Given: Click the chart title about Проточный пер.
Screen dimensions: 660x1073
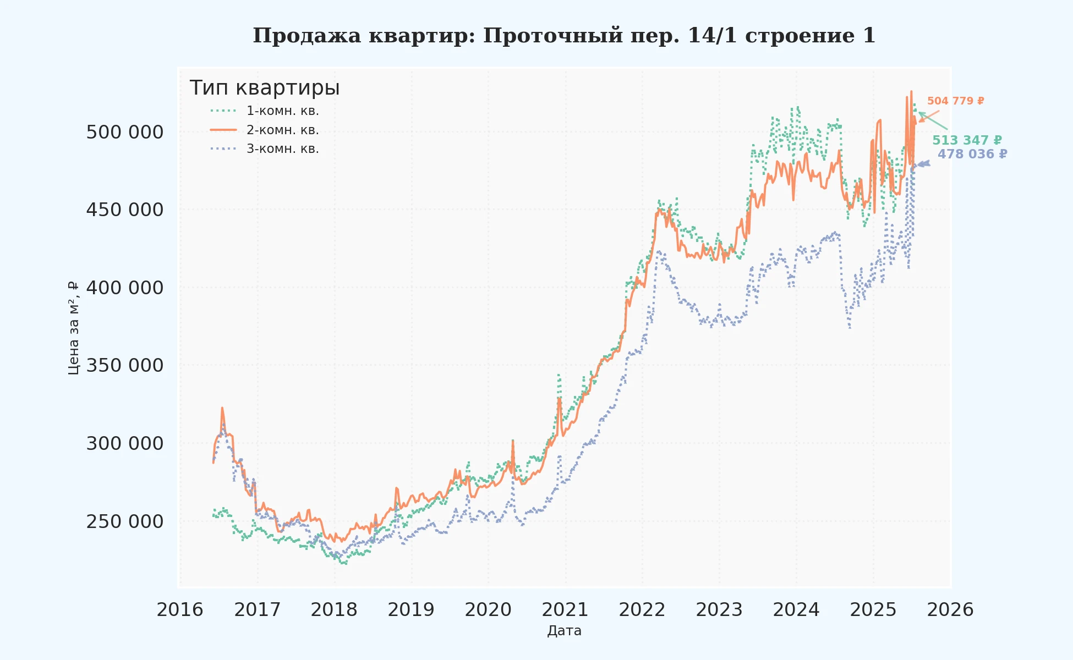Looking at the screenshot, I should (564, 36).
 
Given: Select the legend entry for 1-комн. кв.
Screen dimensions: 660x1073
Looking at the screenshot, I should (282, 111).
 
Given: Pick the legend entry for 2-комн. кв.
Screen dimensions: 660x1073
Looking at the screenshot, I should (282, 130).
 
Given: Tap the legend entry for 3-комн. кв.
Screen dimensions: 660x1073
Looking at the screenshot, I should (282, 149).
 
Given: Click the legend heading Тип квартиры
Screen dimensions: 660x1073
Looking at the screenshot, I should (264, 88).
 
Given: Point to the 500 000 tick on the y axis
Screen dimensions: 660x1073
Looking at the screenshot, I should (125, 133).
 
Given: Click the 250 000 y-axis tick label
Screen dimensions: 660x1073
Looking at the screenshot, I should (125, 521).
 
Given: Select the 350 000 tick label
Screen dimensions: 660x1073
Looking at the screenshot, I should (125, 366).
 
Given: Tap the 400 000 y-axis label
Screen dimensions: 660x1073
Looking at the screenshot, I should (125, 288).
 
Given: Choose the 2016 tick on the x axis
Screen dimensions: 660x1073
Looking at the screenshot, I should (180, 610).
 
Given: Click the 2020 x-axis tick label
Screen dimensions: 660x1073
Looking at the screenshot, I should (488, 610).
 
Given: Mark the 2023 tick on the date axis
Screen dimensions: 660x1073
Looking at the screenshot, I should (719, 610).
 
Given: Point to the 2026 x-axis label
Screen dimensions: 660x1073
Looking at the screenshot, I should (950, 610).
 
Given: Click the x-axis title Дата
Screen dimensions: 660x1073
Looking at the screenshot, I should (564, 631).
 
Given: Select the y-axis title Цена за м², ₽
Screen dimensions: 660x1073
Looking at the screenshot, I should (74, 328).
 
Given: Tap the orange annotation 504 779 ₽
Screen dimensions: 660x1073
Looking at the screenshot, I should (955, 101).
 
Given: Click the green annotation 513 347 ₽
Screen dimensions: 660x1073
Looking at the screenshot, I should (967, 141).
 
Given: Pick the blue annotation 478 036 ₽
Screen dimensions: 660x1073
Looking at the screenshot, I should (972, 155).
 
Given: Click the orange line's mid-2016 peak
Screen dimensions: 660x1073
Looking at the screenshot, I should (222, 408).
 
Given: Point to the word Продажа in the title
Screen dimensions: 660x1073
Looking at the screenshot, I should (306, 36).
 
